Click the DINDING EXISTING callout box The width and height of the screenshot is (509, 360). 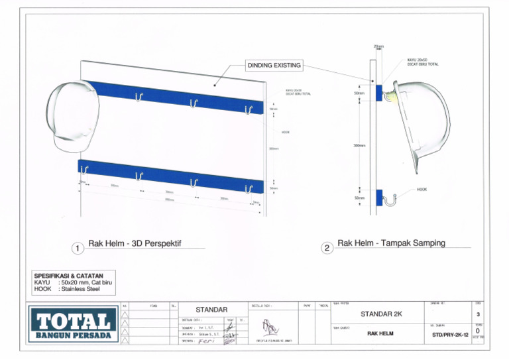[x=274, y=66]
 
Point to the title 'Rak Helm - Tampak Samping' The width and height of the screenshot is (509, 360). [x=391, y=243]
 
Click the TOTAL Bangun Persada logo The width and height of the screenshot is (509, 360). [x=73, y=325]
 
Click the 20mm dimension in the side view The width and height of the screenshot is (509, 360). [x=378, y=46]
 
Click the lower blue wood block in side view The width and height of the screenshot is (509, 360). [x=378, y=197]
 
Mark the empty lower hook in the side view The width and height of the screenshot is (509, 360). [x=391, y=197]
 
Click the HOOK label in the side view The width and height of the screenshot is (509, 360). [x=422, y=189]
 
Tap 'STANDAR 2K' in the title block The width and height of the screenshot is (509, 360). [x=381, y=314]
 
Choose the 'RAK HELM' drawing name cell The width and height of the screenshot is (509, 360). [x=380, y=333]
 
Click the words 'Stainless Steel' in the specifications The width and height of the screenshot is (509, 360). [x=80, y=288]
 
